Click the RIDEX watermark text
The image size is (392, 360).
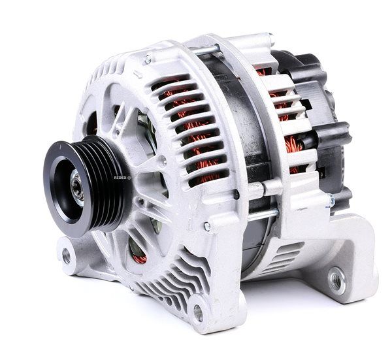point(122,178)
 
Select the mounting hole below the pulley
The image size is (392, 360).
point(67,256)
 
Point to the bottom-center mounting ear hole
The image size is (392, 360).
point(198,313)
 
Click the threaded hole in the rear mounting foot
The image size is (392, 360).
point(336,280)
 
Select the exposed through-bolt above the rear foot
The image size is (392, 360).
point(263,214)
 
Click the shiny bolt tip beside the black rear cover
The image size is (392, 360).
point(331,200)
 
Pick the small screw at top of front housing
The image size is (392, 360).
point(148,59)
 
